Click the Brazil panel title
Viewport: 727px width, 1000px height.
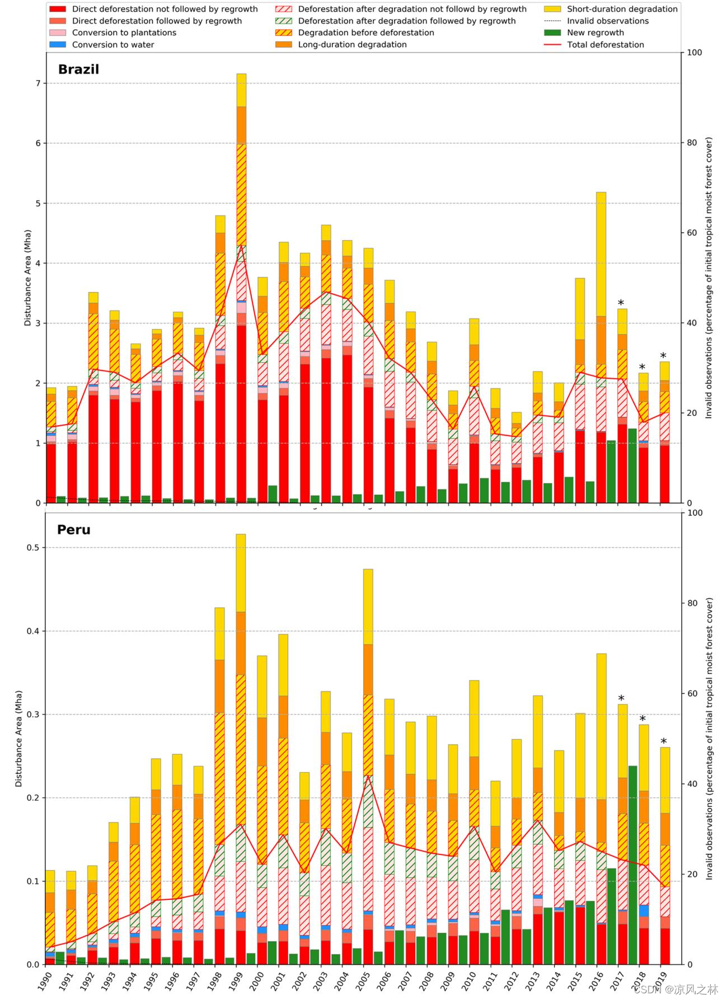[78, 69]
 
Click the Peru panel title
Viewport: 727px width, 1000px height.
[73, 529]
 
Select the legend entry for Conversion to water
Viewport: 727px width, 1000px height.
[112, 45]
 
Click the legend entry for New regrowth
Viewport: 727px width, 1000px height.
[595, 32]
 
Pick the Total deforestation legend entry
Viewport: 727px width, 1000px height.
[605, 45]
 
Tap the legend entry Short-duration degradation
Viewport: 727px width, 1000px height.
[622, 9]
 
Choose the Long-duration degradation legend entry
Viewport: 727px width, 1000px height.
[352, 45]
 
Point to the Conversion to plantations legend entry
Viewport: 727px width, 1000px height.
[124, 32]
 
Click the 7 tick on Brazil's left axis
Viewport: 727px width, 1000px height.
[38, 83]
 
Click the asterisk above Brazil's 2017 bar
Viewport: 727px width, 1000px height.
[621, 303]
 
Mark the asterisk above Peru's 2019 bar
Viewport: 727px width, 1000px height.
[664, 742]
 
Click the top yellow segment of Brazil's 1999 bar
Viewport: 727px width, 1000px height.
[241, 90]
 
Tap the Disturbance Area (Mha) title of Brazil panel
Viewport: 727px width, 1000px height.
[27, 278]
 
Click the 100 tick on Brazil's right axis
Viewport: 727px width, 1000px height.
[694, 53]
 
